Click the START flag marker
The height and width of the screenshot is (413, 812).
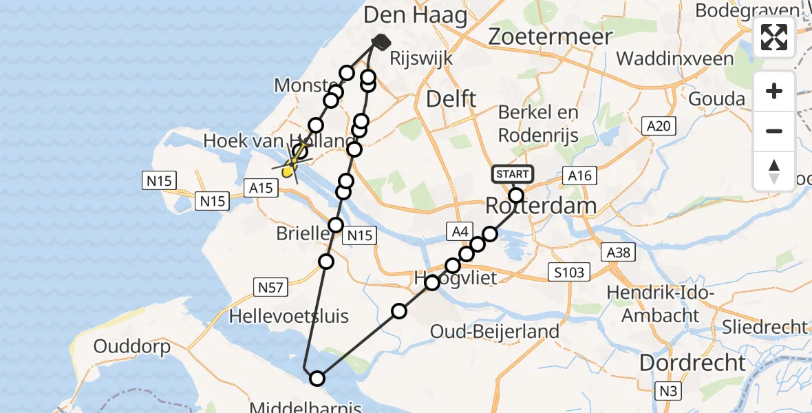513,174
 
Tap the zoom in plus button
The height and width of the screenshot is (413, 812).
774,92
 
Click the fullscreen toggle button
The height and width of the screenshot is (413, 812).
774,37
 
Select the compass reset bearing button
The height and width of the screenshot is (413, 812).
774,170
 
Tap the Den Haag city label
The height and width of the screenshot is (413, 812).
415,15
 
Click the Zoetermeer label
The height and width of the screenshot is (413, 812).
550,36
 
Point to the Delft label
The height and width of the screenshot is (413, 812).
451,98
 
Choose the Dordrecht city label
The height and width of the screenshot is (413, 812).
693,363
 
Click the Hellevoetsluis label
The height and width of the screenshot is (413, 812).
289,317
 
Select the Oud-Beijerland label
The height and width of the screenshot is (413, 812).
494,332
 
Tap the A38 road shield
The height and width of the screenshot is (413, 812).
618,253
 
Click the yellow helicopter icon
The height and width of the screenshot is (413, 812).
292,165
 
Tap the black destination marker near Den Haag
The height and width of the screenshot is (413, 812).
381,43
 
